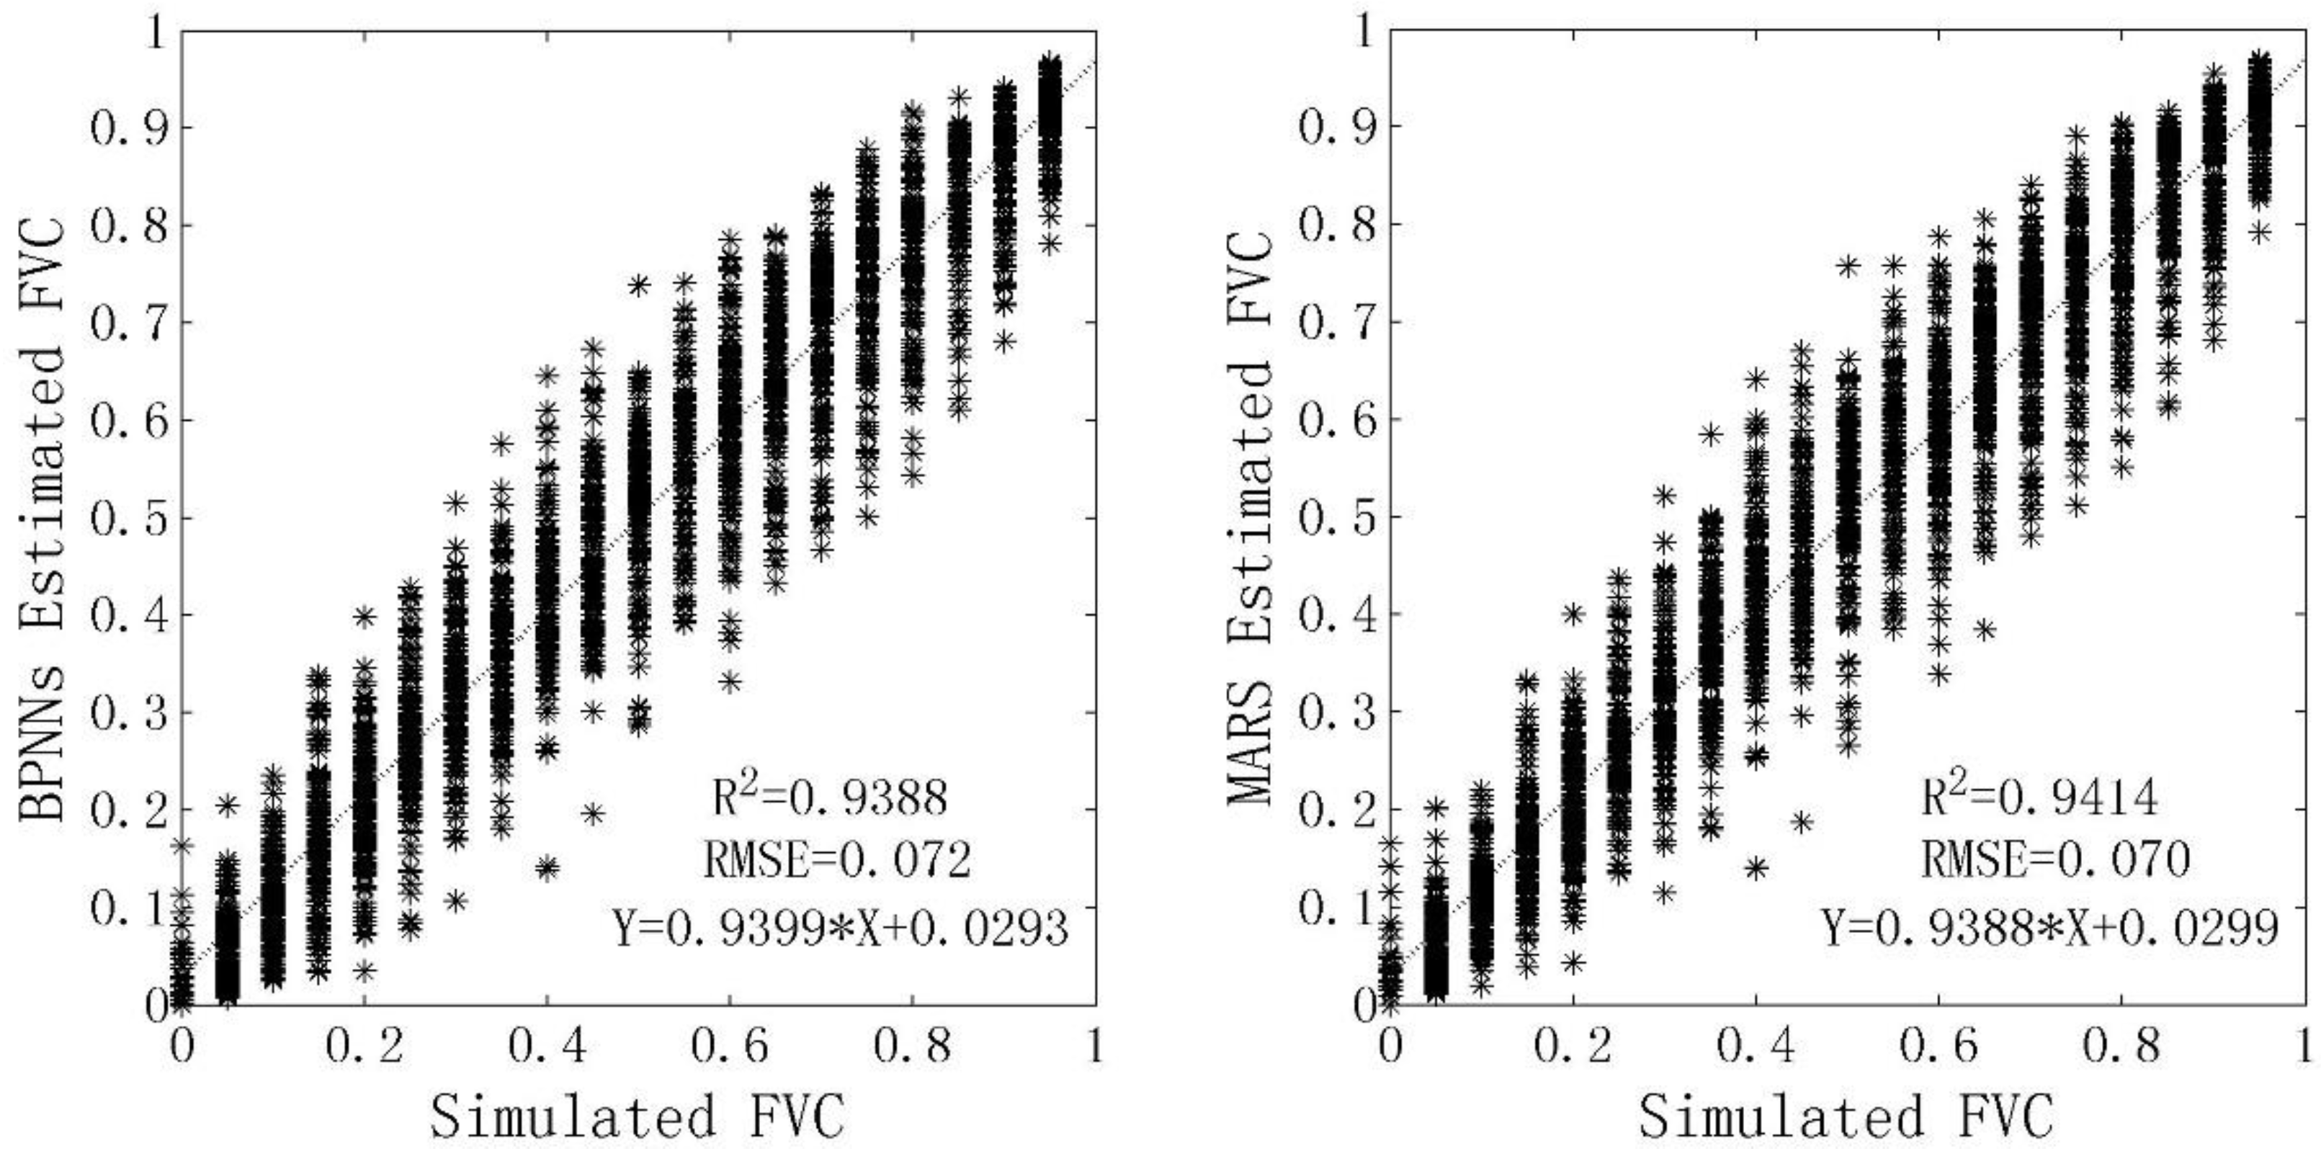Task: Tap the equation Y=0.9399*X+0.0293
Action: pyautogui.click(x=840, y=928)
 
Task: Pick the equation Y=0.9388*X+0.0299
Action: pyautogui.click(x=2050, y=928)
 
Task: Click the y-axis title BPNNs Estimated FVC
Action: pyautogui.click(x=43, y=516)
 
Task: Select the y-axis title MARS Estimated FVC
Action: pyautogui.click(x=1251, y=516)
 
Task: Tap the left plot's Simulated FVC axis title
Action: pyautogui.click(x=637, y=1116)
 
